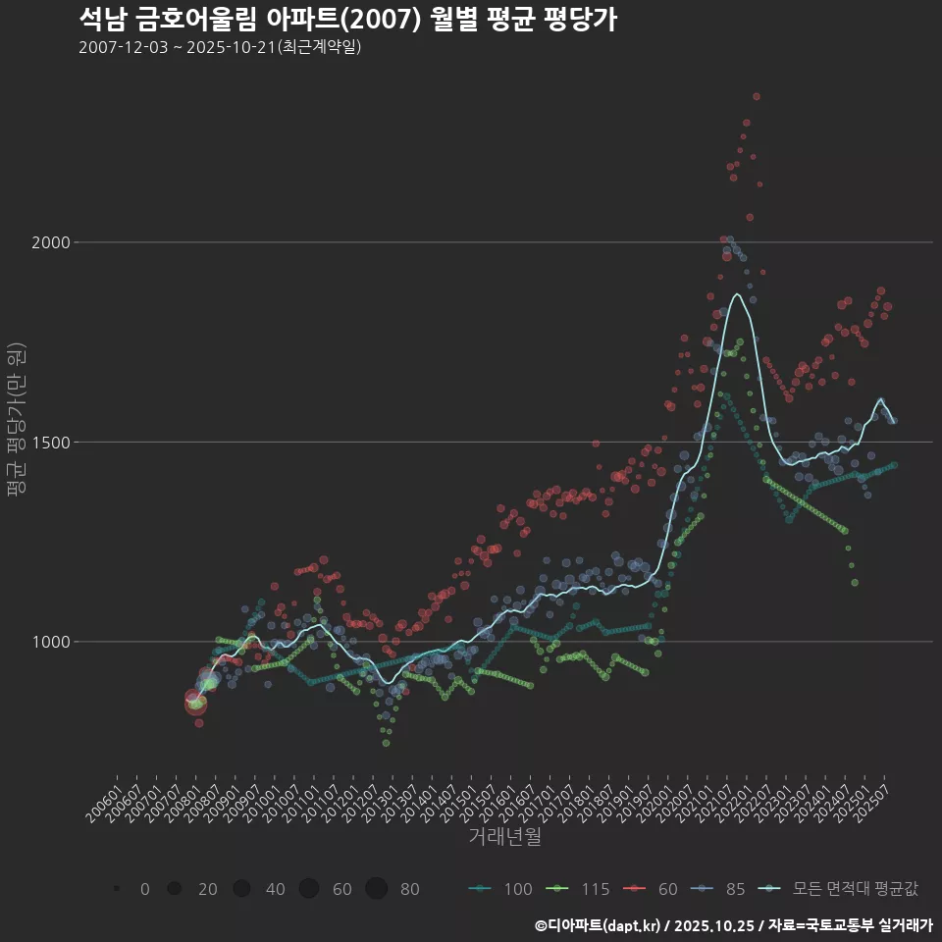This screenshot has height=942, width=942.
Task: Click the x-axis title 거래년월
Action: [x=504, y=837]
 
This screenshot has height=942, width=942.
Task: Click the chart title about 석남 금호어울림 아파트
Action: [x=347, y=19]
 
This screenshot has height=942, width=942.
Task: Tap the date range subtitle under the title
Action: [x=220, y=47]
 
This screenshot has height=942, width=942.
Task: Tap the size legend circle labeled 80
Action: [x=377, y=889]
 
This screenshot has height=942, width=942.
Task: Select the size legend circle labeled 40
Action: [x=242, y=889]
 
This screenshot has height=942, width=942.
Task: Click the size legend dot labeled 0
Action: [x=117, y=889]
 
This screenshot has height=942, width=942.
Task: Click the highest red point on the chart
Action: [x=756, y=96]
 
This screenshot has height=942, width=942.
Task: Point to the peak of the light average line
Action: [x=736, y=293]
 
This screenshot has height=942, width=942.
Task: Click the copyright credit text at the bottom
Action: [x=733, y=925]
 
